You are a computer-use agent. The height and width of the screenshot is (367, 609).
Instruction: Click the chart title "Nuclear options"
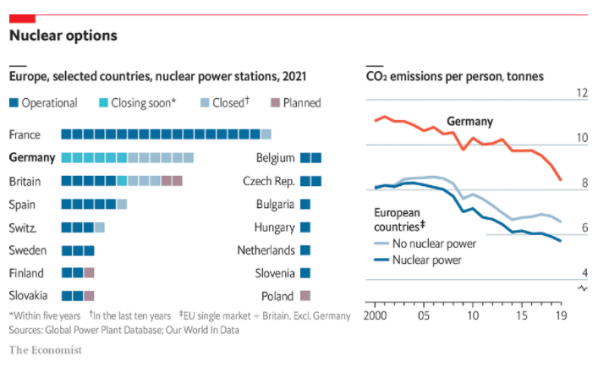click(x=63, y=36)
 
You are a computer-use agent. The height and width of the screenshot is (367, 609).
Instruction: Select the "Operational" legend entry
click(x=43, y=103)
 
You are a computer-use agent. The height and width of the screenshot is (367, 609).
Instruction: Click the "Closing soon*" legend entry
click(x=136, y=103)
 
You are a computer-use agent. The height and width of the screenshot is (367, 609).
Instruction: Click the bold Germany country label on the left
click(x=32, y=157)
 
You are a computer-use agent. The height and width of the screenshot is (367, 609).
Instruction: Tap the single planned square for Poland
click(x=305, y=296)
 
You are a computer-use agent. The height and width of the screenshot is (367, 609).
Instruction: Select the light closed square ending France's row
click(x=266, y=134)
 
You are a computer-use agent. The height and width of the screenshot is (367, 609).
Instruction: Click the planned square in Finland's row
click(x=89, y=273)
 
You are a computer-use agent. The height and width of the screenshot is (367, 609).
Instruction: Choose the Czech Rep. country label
click(x=269, y=181)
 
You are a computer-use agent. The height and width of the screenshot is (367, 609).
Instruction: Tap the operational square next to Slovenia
click(x=305, y=273)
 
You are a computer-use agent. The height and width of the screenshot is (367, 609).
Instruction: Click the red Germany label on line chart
click(x=469, y=122)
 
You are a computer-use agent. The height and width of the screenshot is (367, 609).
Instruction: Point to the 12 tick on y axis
click(x=581, y=93)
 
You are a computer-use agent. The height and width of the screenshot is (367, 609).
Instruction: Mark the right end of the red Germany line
click(x=562, y=179)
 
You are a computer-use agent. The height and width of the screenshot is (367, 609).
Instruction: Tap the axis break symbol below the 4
click(x=582, y=288)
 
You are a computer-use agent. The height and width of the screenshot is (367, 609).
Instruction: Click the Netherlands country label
click(x=266, y=250)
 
